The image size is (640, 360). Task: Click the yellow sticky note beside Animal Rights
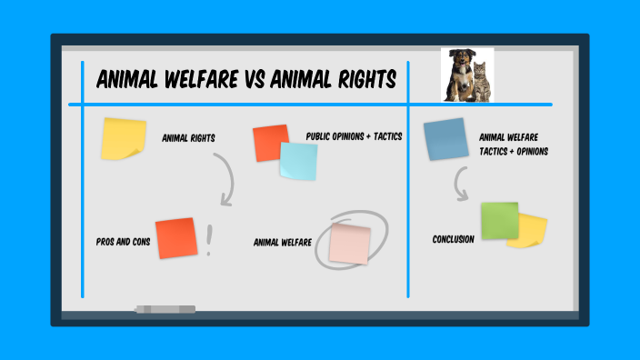[124, 139]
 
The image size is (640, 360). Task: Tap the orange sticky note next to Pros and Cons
[175, 238]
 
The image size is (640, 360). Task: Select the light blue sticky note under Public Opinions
[299, 161]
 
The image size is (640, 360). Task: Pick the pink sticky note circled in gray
[350, 244]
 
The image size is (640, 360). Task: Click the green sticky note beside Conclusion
[498, 221]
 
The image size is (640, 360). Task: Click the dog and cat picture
[467, 74]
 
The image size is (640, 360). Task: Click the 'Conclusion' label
[454, 239]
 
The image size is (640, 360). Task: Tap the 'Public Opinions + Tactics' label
[354, 136]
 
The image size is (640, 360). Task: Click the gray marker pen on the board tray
[165, 309]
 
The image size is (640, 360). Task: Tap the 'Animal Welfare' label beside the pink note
[283, 243]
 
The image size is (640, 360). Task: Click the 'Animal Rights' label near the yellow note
[187, 138]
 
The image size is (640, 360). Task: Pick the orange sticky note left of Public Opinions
[270, 143]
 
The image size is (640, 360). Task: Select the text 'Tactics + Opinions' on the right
[514, 151]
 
